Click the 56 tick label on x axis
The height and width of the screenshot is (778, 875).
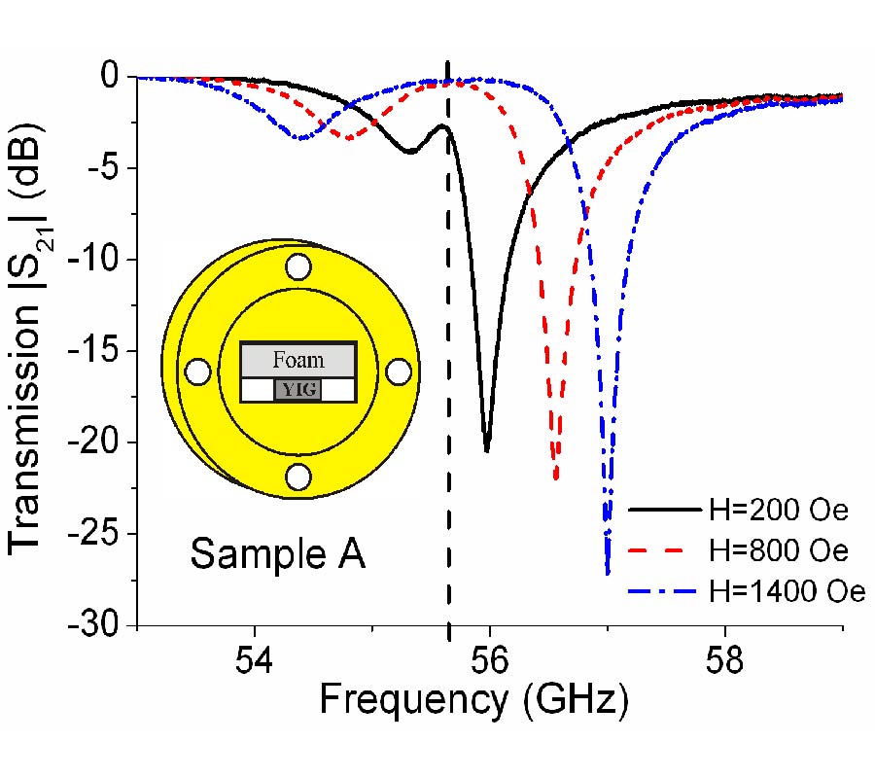click(x=490, y=658)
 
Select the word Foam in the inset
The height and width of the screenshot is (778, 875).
click(x=297, y=360)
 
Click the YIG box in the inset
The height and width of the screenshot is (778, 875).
click(x=297, y=391)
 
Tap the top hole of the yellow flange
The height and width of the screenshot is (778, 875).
click(x=298, y=266)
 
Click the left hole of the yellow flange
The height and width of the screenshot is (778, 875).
click(x=198, y=371)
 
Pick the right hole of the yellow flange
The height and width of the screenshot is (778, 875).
click(x=399, y=371)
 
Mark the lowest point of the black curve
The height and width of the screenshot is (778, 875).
click(x=486, y=450)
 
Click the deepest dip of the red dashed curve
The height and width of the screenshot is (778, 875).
click(x=555, y=478)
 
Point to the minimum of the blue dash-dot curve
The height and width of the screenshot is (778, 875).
click(x=608, y=574)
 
